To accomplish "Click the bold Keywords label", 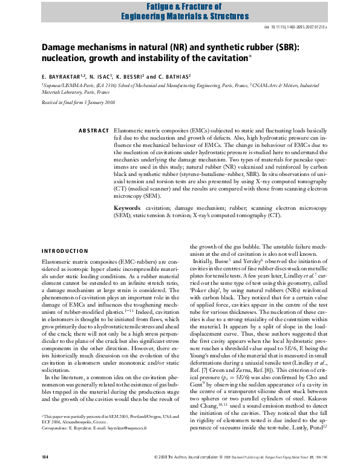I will pos(128,207).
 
